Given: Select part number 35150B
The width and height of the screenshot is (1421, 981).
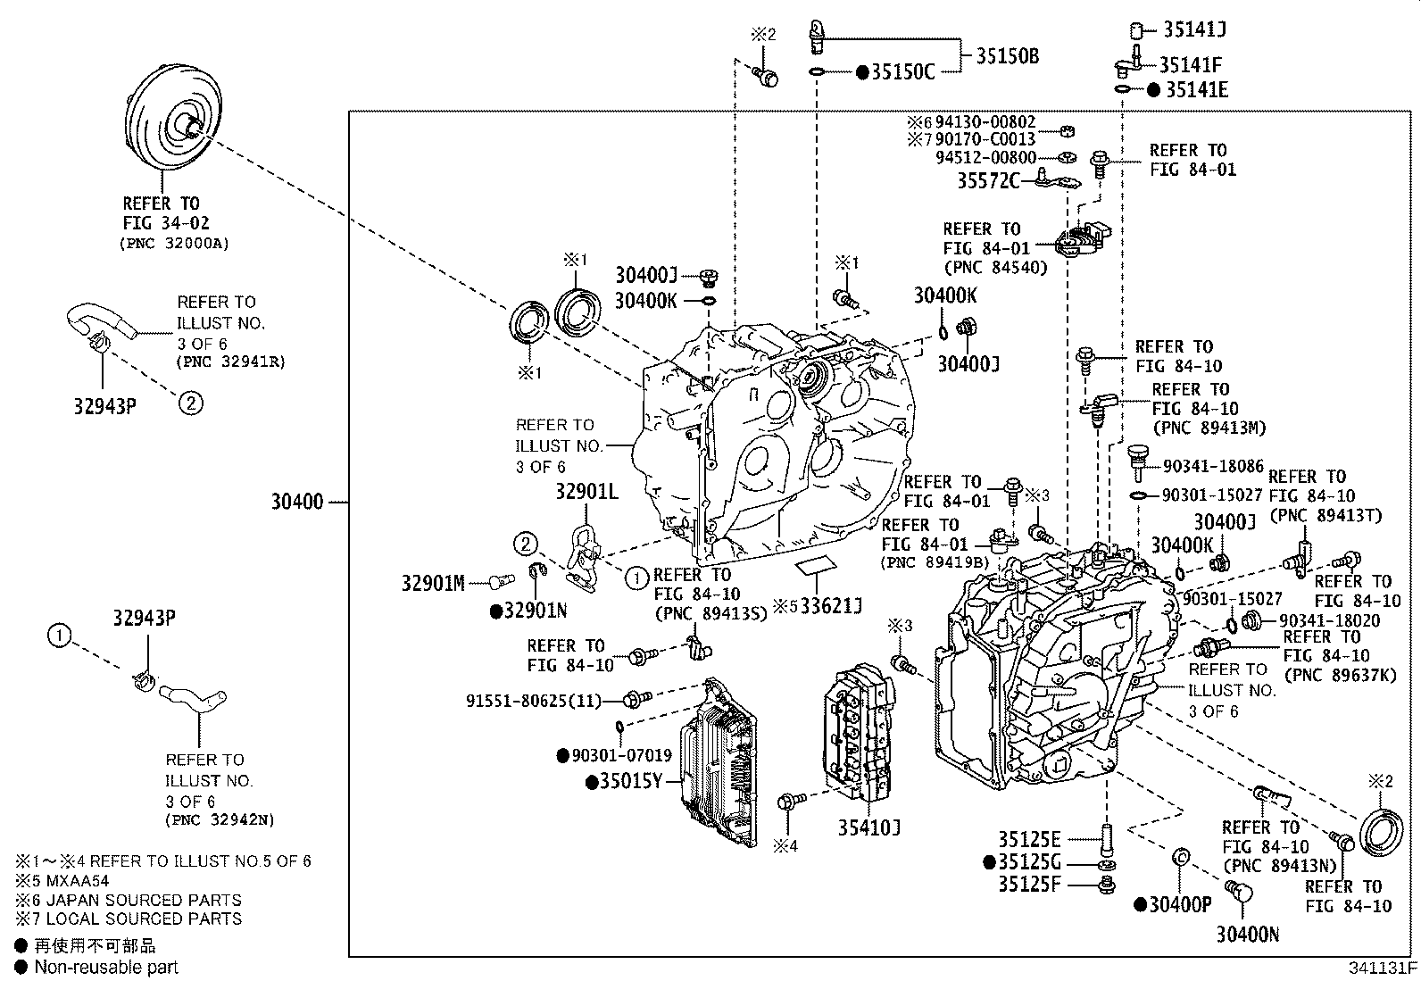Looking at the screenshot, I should (x=1007, y=57).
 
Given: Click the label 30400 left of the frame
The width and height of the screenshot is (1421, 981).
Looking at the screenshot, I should (x=297, y=503).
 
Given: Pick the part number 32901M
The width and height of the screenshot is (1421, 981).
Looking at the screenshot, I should (x=432, y=583).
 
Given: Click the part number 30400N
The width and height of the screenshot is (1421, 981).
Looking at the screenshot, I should (x=1247, y=935).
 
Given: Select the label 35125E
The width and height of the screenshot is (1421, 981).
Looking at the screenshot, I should (x=1029, y=839).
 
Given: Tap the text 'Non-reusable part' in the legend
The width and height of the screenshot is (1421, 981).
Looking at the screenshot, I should (x=106, y=967).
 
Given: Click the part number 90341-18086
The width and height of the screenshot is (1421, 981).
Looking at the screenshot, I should (x=1214, y=466).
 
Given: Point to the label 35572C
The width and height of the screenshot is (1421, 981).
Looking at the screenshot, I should (x=988, y=181).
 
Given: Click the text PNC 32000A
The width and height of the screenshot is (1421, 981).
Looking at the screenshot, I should (x=175, y=243).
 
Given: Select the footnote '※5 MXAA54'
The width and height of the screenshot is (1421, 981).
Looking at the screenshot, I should (x=62, y=880).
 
